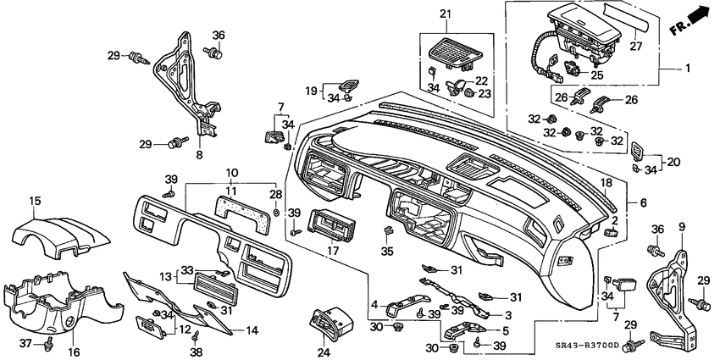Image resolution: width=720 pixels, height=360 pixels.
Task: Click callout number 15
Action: pos(35,200)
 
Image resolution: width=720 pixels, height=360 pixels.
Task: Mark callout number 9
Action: pos(681,227)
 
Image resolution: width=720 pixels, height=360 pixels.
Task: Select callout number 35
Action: pos(389,251)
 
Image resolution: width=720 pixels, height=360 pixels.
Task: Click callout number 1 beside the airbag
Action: pos(687,68)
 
